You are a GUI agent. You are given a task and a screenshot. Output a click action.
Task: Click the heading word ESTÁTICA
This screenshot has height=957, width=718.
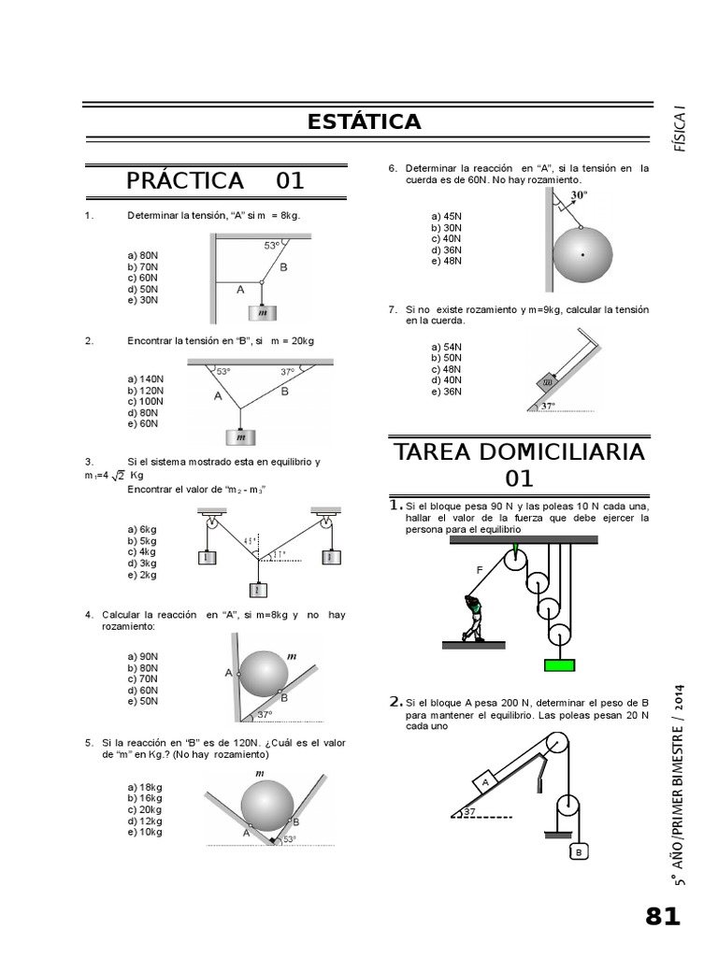pos(364,121)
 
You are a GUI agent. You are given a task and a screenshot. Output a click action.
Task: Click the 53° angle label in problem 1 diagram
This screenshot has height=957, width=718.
pos(271,246)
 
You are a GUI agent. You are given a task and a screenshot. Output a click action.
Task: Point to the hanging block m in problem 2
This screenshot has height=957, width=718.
pos(242,436)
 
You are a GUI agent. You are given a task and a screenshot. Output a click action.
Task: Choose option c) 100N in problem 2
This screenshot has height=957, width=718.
pos(145,401)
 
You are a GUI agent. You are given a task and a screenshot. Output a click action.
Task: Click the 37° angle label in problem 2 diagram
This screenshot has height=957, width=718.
pos(288,372)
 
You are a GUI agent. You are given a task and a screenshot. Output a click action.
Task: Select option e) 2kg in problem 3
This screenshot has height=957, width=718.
pos(142,575)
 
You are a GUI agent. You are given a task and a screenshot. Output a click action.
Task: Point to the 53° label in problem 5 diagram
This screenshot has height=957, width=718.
pos(290,839)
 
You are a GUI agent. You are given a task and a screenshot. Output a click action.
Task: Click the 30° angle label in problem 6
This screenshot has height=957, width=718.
pos(579,195)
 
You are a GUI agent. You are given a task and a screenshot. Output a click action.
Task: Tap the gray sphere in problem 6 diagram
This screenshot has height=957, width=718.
pos(582,254)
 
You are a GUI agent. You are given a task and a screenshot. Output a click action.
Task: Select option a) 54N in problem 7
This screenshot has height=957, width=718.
pos(446,347)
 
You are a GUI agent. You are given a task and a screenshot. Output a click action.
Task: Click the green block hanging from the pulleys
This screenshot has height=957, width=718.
pos(559,664)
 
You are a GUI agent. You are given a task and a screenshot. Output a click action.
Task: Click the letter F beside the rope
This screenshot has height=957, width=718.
pos(480,569)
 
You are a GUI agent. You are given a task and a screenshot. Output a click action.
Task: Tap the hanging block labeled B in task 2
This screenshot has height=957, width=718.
pos(579,851)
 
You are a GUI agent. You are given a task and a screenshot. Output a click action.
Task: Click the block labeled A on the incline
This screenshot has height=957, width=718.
pos(487,779)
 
